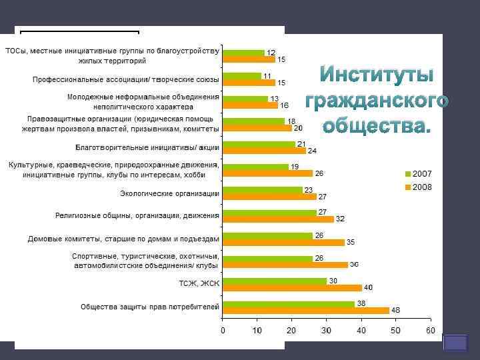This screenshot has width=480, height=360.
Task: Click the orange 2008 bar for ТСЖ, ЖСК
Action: click(x=292, y=287)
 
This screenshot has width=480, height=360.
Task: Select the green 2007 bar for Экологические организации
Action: click(x=263, y=190)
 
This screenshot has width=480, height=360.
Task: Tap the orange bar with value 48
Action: click(x=306, y=310)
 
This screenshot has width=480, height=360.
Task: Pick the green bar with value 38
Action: click(x=289, y=303)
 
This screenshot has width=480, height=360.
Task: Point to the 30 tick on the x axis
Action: click(x=326, y=331)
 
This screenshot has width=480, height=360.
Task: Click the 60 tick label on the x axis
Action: click(x=430, y=331)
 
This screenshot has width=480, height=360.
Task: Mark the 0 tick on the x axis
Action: click(x=223, y=331)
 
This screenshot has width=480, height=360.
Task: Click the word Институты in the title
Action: click(x=377, y=75)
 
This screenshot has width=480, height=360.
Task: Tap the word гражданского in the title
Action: click(x=377, y=101)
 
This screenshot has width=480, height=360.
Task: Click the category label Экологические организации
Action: click(x=170, y=194)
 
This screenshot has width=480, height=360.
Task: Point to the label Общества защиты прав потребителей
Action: click(x=149, y=307)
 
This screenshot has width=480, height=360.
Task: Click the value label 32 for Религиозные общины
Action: click(x=340, y=219)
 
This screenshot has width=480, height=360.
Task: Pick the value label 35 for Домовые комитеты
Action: click(x=350, y=241)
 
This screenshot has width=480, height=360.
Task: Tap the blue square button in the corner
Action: click(x=456, y=343)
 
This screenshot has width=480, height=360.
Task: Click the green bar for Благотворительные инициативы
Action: click(x=259, y=144)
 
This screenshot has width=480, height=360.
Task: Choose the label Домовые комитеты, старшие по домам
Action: click(x=123, y=238)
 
